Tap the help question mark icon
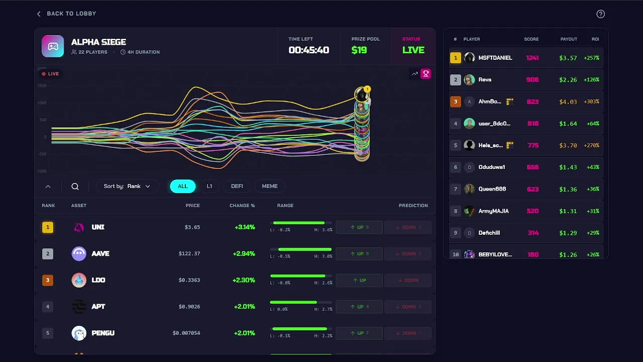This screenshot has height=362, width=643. [600, 14]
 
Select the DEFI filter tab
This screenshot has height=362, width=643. [237, 186]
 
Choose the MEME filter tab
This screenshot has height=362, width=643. [270, 186]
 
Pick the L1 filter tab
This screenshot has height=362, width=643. [209, 186]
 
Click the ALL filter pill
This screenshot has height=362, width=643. [183, 186]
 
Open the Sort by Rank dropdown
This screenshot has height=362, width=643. [127, 186]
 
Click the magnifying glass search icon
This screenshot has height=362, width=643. [75, 187]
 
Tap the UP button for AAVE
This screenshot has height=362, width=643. [359, 254]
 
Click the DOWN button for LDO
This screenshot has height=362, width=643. [407, 281]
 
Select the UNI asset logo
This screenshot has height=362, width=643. [79, 227]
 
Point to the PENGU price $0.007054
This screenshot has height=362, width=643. [186, 333]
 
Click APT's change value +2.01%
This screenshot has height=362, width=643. [244, 307]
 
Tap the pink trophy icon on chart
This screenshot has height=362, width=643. [426, 74]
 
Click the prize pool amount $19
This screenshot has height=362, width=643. [359, 50]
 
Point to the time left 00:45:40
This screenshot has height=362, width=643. [308, 50]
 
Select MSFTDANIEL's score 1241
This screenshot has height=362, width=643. [532, 58]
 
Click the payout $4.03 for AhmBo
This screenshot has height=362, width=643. [568, 102]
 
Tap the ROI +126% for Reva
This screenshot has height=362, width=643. [591, 79]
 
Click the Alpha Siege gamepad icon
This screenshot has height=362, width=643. [53, 46]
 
